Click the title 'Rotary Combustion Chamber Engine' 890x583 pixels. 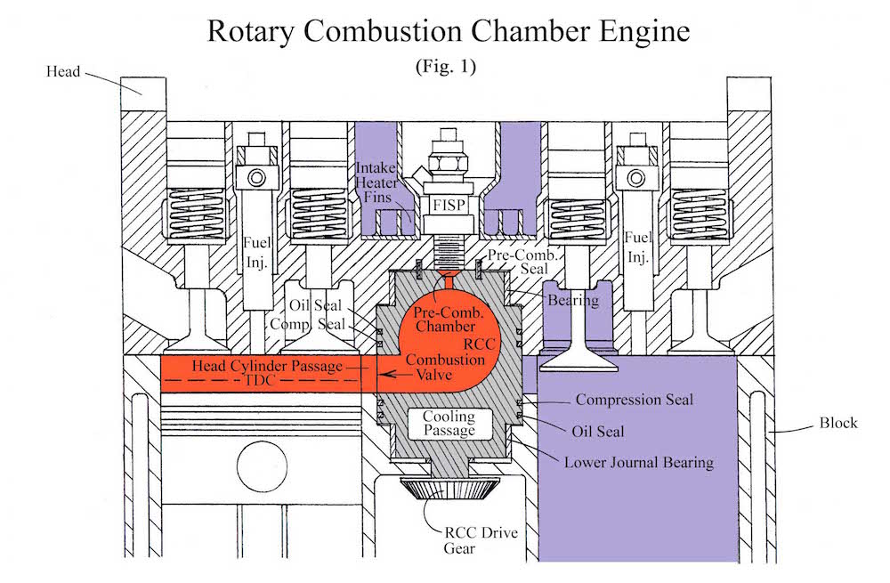coord(448,31)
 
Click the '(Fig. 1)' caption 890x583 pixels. coord(446,69)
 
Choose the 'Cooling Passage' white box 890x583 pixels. coord(448,424)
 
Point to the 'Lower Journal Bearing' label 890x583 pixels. coord(638,463)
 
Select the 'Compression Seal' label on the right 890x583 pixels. coord(634,400)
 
